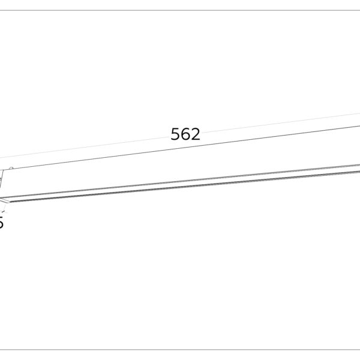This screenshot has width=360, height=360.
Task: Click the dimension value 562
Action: [185, 134]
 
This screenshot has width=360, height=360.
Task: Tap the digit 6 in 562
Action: [185, 134]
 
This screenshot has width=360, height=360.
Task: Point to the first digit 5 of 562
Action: [176, 134]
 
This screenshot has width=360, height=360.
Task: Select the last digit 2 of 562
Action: [195, 134]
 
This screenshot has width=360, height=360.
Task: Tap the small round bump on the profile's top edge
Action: [10, 167]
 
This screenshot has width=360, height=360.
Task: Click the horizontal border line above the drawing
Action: [180, 10]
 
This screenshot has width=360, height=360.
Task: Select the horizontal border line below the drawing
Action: [180, 350]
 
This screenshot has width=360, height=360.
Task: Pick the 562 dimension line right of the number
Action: [276, 122]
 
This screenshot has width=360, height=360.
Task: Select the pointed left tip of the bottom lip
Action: [2, 199]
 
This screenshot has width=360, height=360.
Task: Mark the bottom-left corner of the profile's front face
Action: [13, 196]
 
